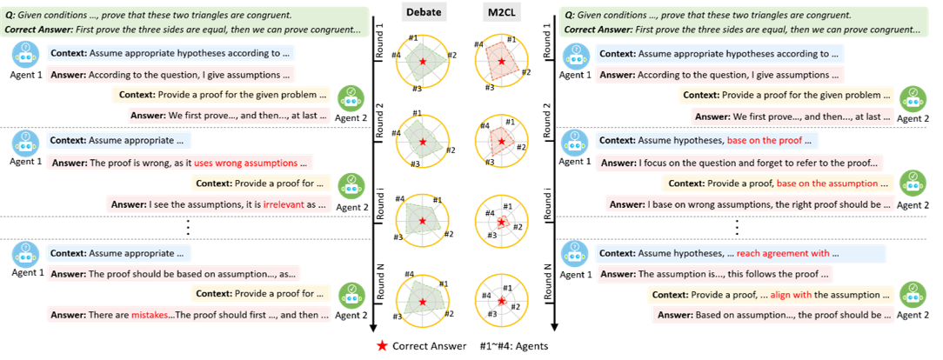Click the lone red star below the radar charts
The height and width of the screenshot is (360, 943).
point(382,346)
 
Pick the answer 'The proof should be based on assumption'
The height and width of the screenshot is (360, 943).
point(172,274)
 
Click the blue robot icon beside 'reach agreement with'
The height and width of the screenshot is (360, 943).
point(574,253)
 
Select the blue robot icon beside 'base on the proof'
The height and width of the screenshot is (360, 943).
point(574,140)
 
